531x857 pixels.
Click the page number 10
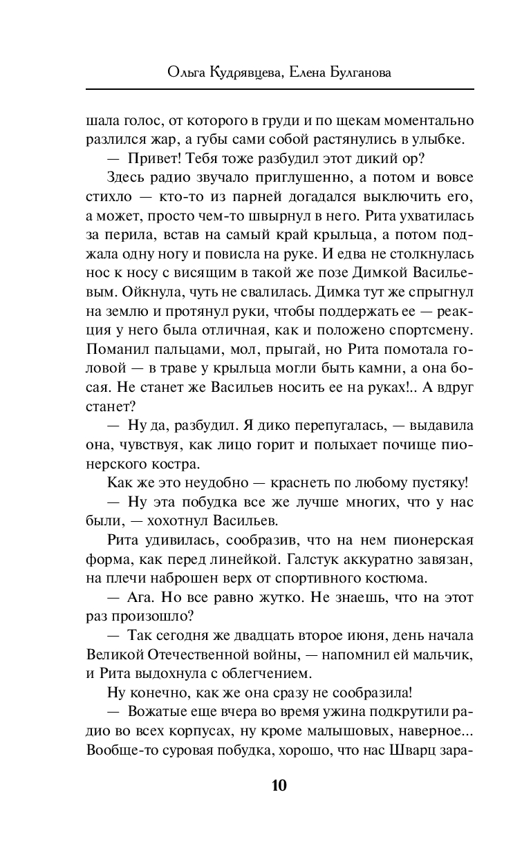[279, 785]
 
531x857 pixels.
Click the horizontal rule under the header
[279, 88]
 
